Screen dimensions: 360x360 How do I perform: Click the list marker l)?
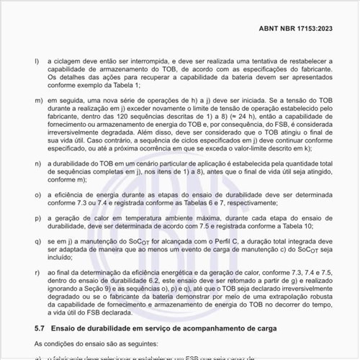click(x=37, y=61)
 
